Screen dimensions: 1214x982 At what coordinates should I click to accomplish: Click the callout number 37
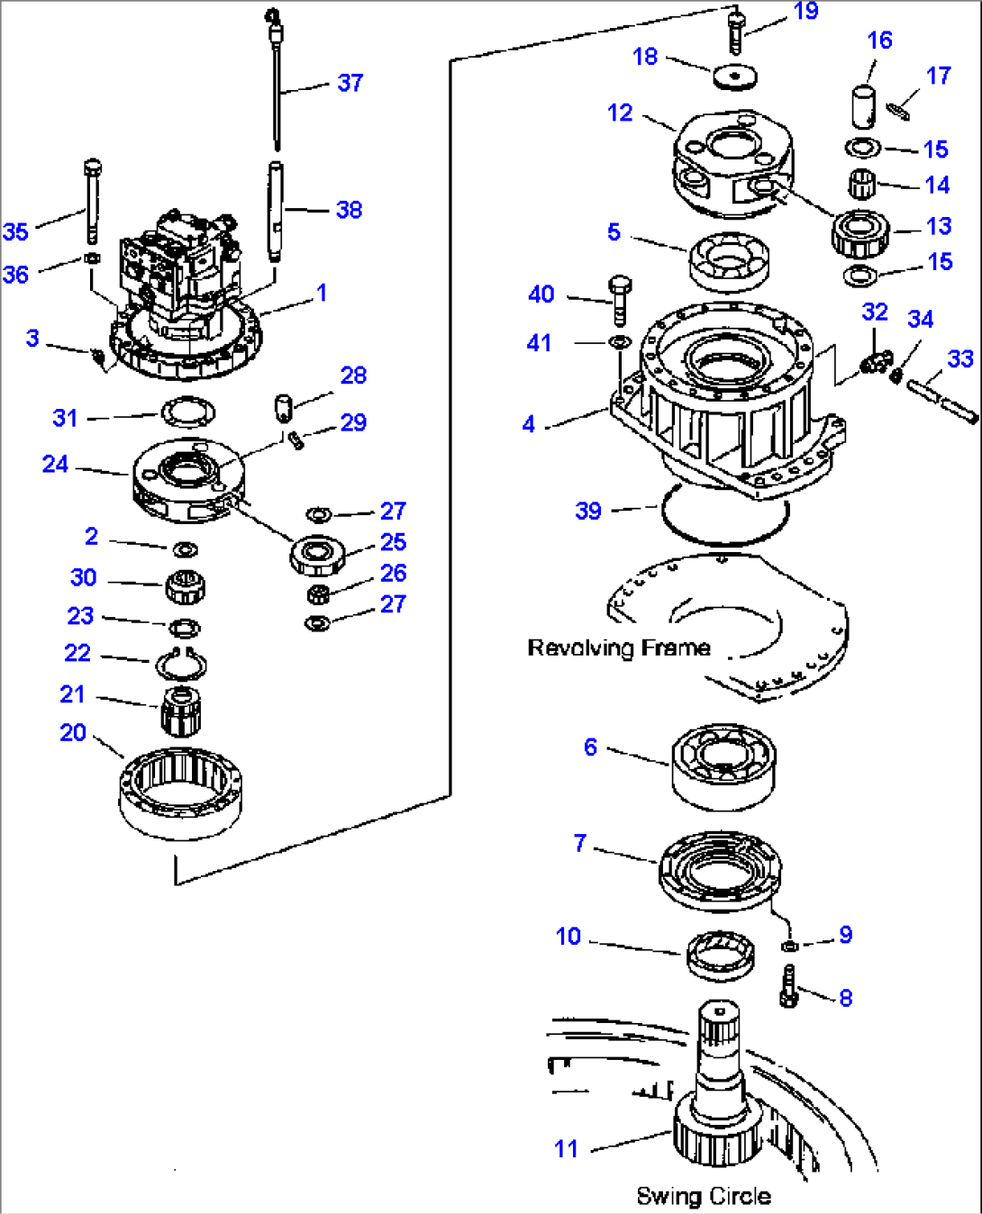click(350, 83)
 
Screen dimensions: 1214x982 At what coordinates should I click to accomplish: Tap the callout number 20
click(73, 732)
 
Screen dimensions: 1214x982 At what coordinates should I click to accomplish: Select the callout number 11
click(566, 1148)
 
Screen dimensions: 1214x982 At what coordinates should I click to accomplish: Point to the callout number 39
click(588, 511)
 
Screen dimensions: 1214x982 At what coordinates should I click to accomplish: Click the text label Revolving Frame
click(618, 648)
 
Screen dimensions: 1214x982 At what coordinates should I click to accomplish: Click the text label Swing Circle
click(703, 1196)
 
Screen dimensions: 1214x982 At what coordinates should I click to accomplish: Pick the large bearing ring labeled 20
click(180, 793)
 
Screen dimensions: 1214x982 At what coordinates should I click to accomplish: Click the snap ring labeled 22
click(181, 666)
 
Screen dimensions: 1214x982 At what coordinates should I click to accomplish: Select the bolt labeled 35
click(92, 202)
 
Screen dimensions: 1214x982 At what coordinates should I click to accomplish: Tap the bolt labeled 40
click(620, 301)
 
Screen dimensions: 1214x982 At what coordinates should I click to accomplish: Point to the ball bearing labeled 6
click(723, 766)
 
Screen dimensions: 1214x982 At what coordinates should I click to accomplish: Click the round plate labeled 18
click(735, 77)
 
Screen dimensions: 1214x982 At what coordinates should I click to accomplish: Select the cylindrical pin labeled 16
click(864, 105)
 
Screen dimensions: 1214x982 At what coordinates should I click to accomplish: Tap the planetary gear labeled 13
click(861, 233)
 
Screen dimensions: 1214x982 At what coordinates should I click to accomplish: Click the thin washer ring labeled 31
click(187, 412)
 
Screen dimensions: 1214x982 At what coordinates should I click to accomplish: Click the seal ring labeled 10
click(720, 954)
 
